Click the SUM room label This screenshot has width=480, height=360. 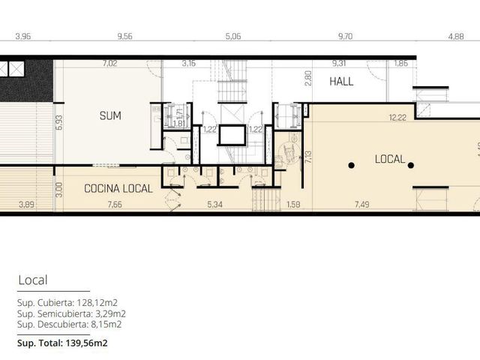pyautogui.click(x=110, y=115)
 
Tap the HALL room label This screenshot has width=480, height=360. pyautogui.click(x=341, y=82)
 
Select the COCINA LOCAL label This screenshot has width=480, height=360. pyautogui.click(x=118, y=188)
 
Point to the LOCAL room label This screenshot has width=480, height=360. pyautogui.click(x=390, y=159)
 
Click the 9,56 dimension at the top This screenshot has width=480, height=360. pyautogui.click(x=125, y=37)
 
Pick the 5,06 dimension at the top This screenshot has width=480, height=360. pyautogui.click(x=233, y=37)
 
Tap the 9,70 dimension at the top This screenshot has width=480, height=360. pyautogui.click(x=345, y=37)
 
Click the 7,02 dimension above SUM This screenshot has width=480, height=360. pyautogui.click(x=110, y=63)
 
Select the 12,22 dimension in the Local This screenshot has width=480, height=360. pyautogui.click(x=397, y=118)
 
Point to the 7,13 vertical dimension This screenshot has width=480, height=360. pyautogui.click(x=308, y=157)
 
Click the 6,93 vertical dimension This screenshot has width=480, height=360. pyautogui.click(x=59, y=122)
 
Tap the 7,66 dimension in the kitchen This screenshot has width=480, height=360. pyautogui.click(x=115, y=204)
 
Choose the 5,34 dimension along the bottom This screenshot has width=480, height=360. pyautogui.click(x=214, y=204)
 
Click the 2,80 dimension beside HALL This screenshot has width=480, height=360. pyautogui.click(x=308, y=78)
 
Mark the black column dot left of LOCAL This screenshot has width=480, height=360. pyautogui.click(x=352, y=165)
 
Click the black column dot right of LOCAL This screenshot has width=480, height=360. pyautogui.click(x=411, y=165)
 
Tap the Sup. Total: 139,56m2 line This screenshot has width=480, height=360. pyautogui.click(x=62, y=343)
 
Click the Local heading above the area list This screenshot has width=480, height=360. pyautogui.click(x=33, y=280)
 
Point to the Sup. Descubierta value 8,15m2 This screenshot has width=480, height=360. pyautogui.click(x=106, y=324)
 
